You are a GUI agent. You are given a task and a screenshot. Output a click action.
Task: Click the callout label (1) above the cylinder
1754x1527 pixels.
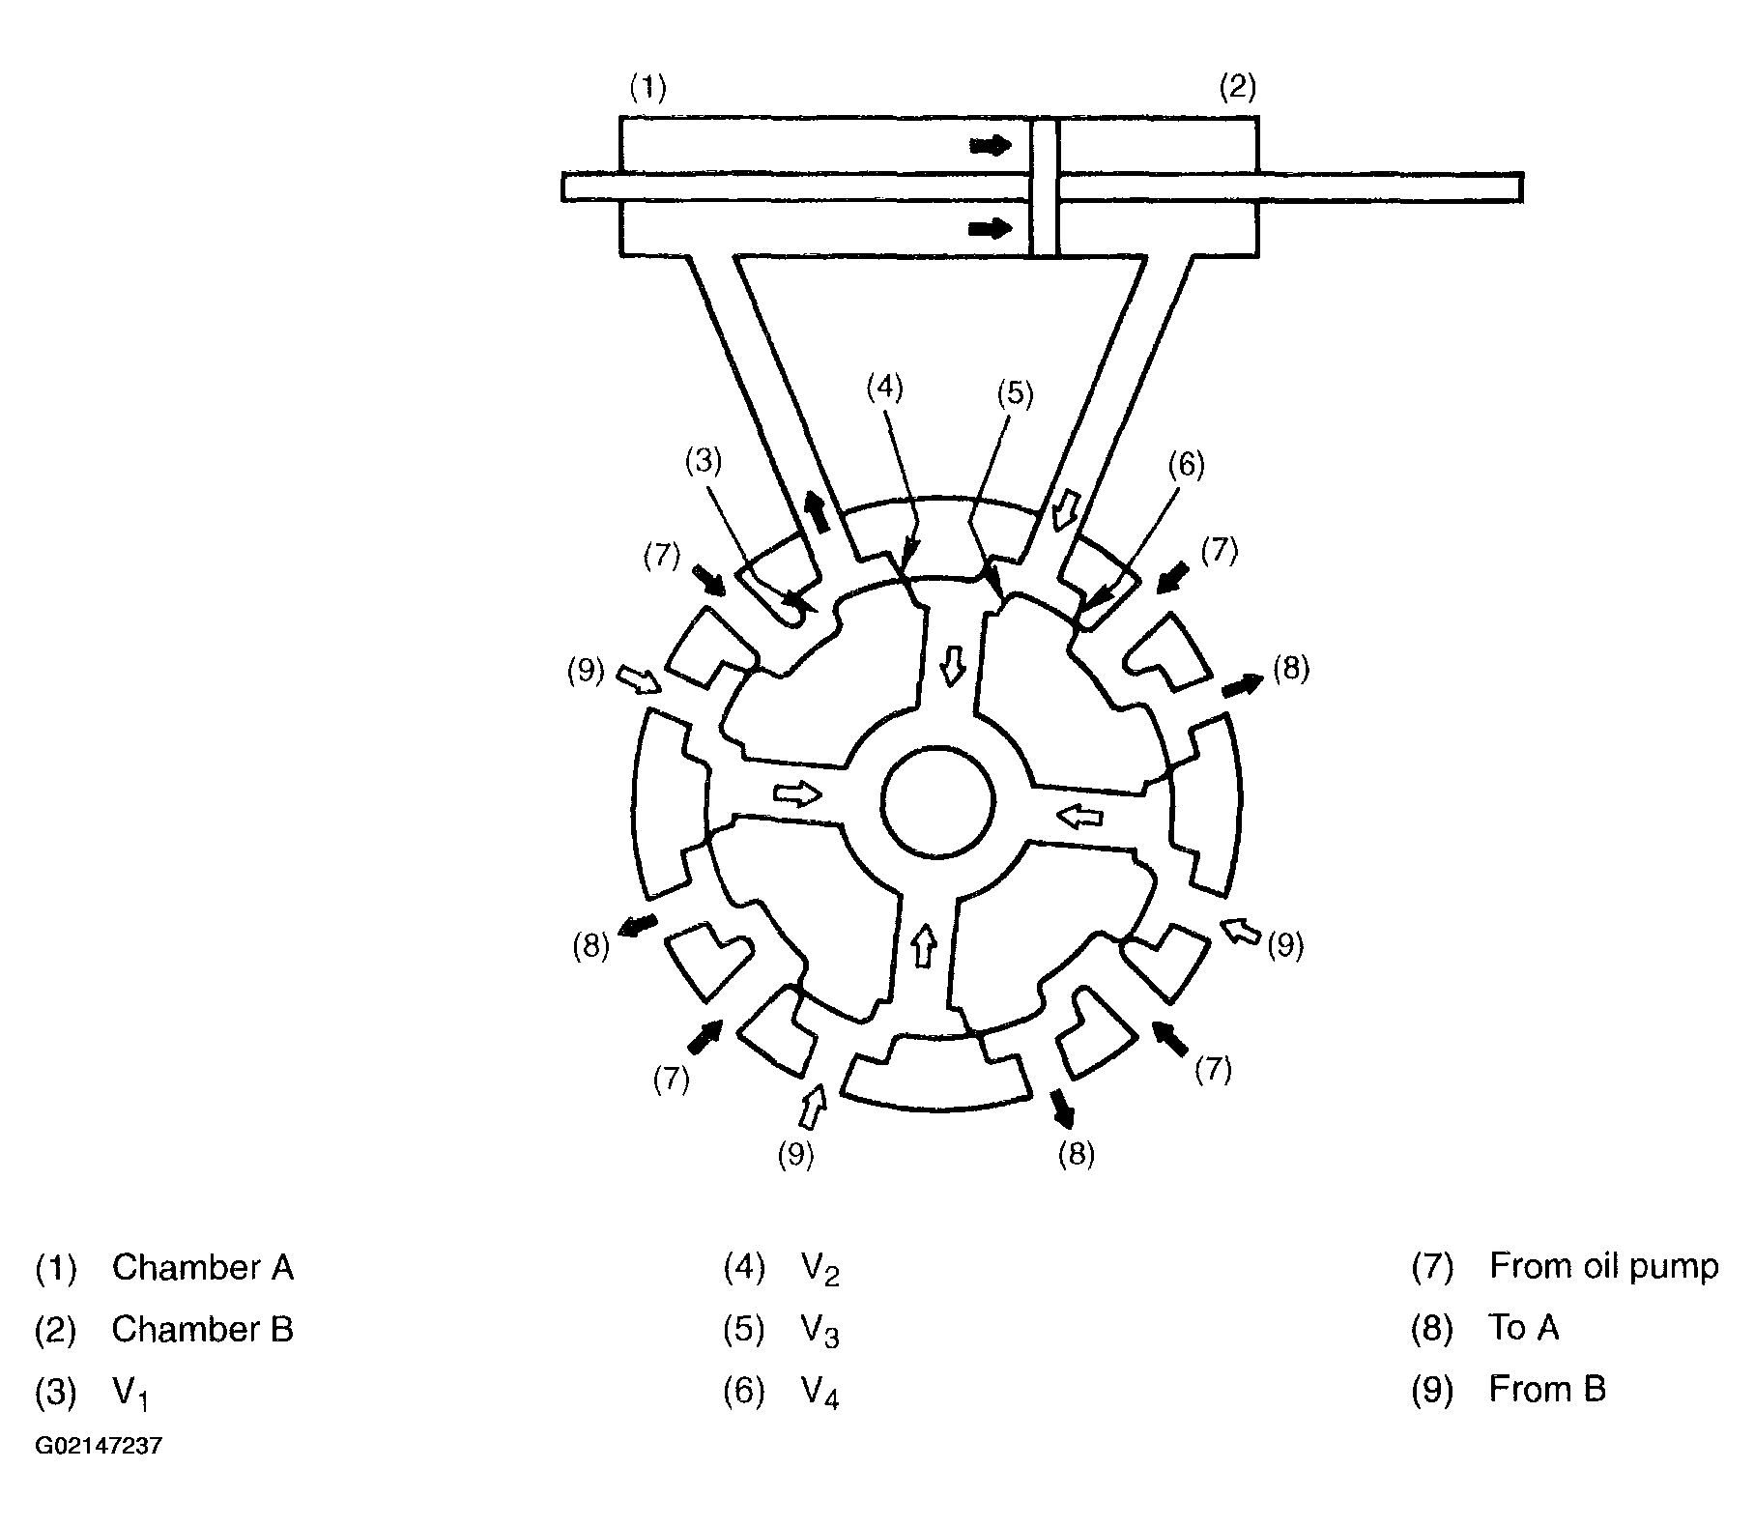pyautogui.click(x=647, y=89)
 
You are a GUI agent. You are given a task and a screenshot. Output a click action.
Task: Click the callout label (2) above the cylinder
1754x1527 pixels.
pyautogui.click(x=1237, y=89)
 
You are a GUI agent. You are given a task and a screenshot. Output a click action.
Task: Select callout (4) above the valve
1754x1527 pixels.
pyautogui.click(x=883, y=388)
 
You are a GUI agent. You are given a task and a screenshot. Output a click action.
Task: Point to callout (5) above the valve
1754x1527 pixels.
pyautogui.click(x=1016, y=393)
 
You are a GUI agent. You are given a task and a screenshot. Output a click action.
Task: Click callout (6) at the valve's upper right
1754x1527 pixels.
pyautogui.click(x=1186, y=465)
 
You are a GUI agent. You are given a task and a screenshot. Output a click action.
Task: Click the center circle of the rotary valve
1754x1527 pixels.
pyautogui.click(x=937, y=801)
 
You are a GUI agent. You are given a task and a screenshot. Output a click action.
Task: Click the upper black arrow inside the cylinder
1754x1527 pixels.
pyautogui.click(x=990, y=146)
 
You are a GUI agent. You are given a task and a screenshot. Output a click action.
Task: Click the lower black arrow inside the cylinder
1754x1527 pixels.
pyautogui.click(x=990, y=229)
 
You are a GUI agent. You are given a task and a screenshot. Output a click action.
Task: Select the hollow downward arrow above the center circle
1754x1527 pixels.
pyautogui.click(x=954, y=666)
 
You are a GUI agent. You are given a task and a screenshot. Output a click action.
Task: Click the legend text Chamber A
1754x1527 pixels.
pyautogui.click(x=202, y=1267)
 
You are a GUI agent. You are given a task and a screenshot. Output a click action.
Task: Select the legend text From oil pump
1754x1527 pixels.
pyautogui.click(x=1603, y=1266)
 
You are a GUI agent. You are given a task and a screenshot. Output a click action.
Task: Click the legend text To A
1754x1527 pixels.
pyautogui.click(x=1524, y=1328)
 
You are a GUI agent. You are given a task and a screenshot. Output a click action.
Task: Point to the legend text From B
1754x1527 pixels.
pyautogui.click(x=1546, y=1390)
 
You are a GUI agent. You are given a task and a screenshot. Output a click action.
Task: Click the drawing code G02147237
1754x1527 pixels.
pyautogui.click(x=99, y=1447)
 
